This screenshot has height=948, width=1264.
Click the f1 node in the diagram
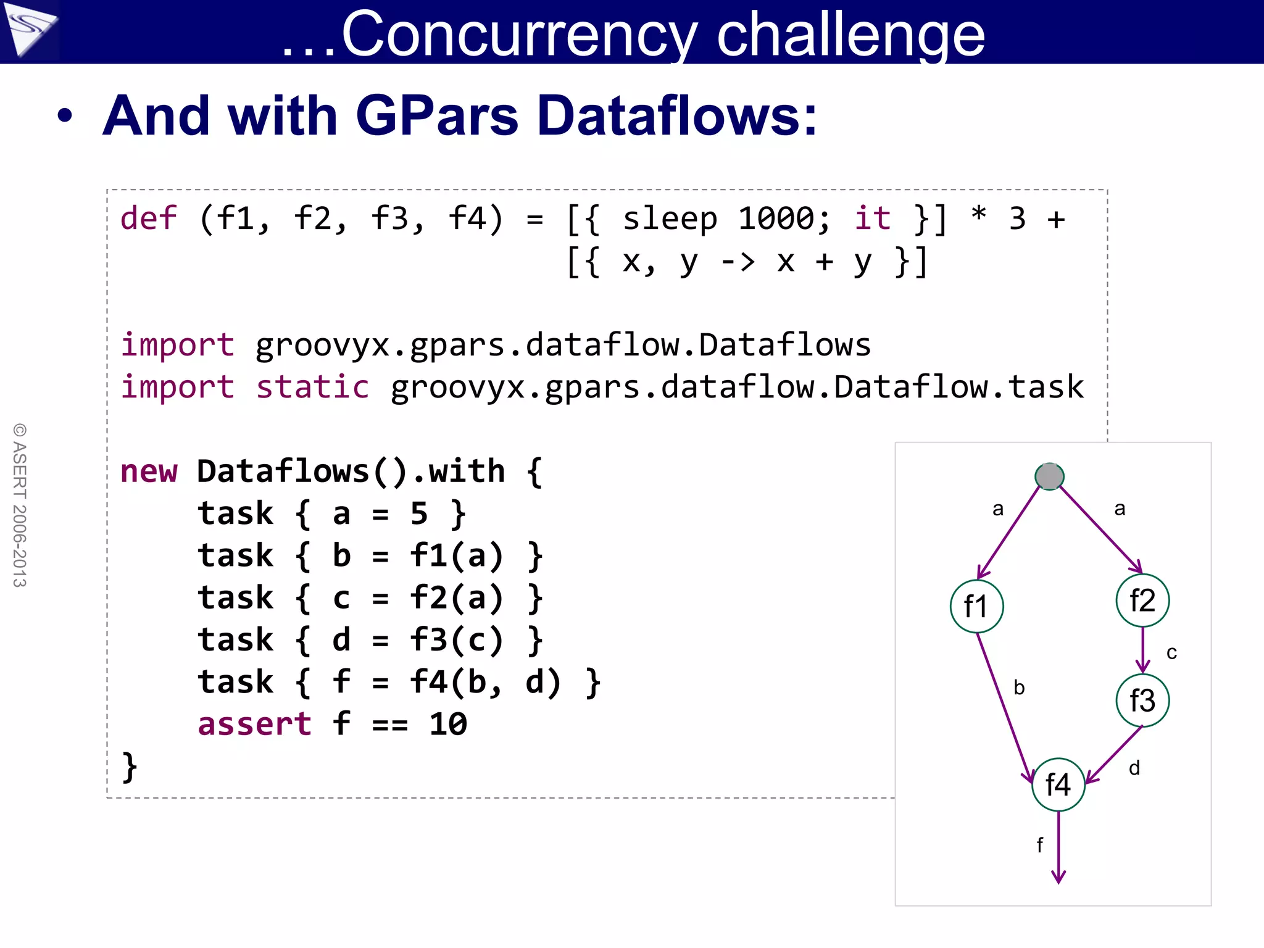(976, 606)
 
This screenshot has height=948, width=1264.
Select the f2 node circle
(1142, 600)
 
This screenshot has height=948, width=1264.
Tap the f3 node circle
(1142, 700)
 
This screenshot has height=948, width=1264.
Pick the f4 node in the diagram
(1058, 784)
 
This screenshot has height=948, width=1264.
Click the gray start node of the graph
(1049, 476)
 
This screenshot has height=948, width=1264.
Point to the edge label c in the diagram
(1171, 652)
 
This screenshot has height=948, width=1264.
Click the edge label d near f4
(1134, 768)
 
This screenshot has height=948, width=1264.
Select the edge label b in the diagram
(1019, 687)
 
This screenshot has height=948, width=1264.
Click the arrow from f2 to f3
(1142, 649)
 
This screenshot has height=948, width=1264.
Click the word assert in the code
(254, 723)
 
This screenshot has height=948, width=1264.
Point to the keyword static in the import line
(312, 387)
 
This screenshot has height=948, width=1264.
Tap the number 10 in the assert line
(448, 723)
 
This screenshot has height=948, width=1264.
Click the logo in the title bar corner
(30, 30)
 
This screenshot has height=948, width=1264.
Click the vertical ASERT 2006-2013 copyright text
(20, 505)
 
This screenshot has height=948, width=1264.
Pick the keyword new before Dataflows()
(149, 471)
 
